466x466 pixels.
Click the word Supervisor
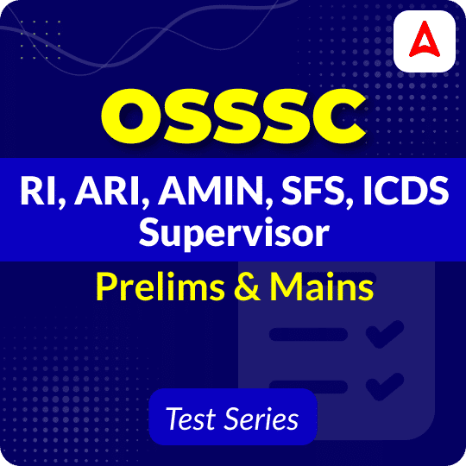pos(232,232)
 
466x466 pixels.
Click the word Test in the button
pos(189,419)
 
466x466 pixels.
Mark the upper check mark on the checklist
pos(383,332)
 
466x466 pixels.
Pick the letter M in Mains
pos(279,287)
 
